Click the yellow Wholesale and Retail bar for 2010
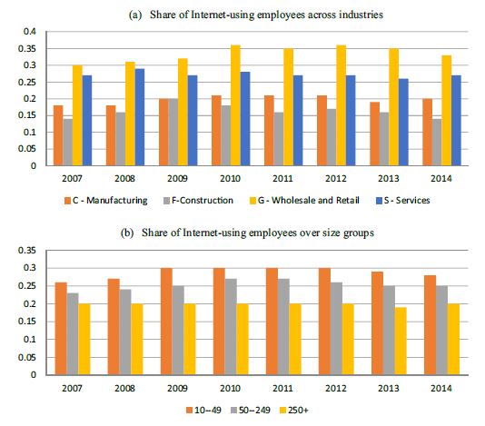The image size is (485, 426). (235, 105)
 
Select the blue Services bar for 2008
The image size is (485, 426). (140, 117)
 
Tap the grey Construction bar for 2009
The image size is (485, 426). (173, 132)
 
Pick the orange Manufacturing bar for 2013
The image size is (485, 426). (374, 134)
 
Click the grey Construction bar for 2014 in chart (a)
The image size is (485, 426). (437, 142)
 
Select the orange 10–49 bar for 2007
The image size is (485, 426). (61, 329)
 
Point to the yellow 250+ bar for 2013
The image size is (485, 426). (401, 341)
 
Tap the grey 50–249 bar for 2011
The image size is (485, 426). (283, 327)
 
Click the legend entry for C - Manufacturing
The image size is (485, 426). (106, 201)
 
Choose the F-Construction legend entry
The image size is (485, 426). (198, 201)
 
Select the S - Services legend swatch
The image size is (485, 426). (380, 201)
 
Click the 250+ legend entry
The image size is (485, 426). (294, 411)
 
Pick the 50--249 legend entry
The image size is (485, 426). (251, 411)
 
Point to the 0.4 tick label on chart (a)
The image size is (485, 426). (30, 32)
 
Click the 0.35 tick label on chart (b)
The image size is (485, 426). (27, 250)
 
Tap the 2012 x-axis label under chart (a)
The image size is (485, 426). (336, 179)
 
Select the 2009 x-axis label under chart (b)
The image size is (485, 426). (177, 388)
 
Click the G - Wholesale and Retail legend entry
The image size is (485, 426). (304, 201)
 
